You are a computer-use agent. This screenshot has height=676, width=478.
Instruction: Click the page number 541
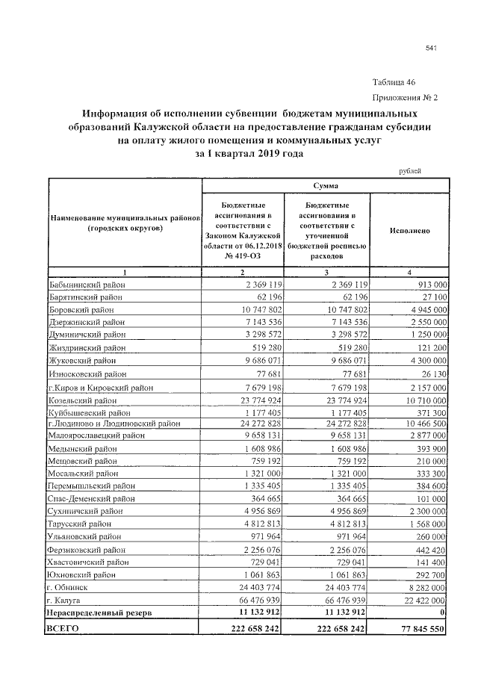pyautogui.click(x=429, y=49)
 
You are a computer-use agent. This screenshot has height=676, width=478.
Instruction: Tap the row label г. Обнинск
pyautogui.click(x=68, y=587)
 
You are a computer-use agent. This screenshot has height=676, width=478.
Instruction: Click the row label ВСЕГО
pyautogui.click(x=62, y=630)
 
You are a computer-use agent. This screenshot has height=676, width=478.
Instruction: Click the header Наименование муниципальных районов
pyautogui.click(x=125, y=217)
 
